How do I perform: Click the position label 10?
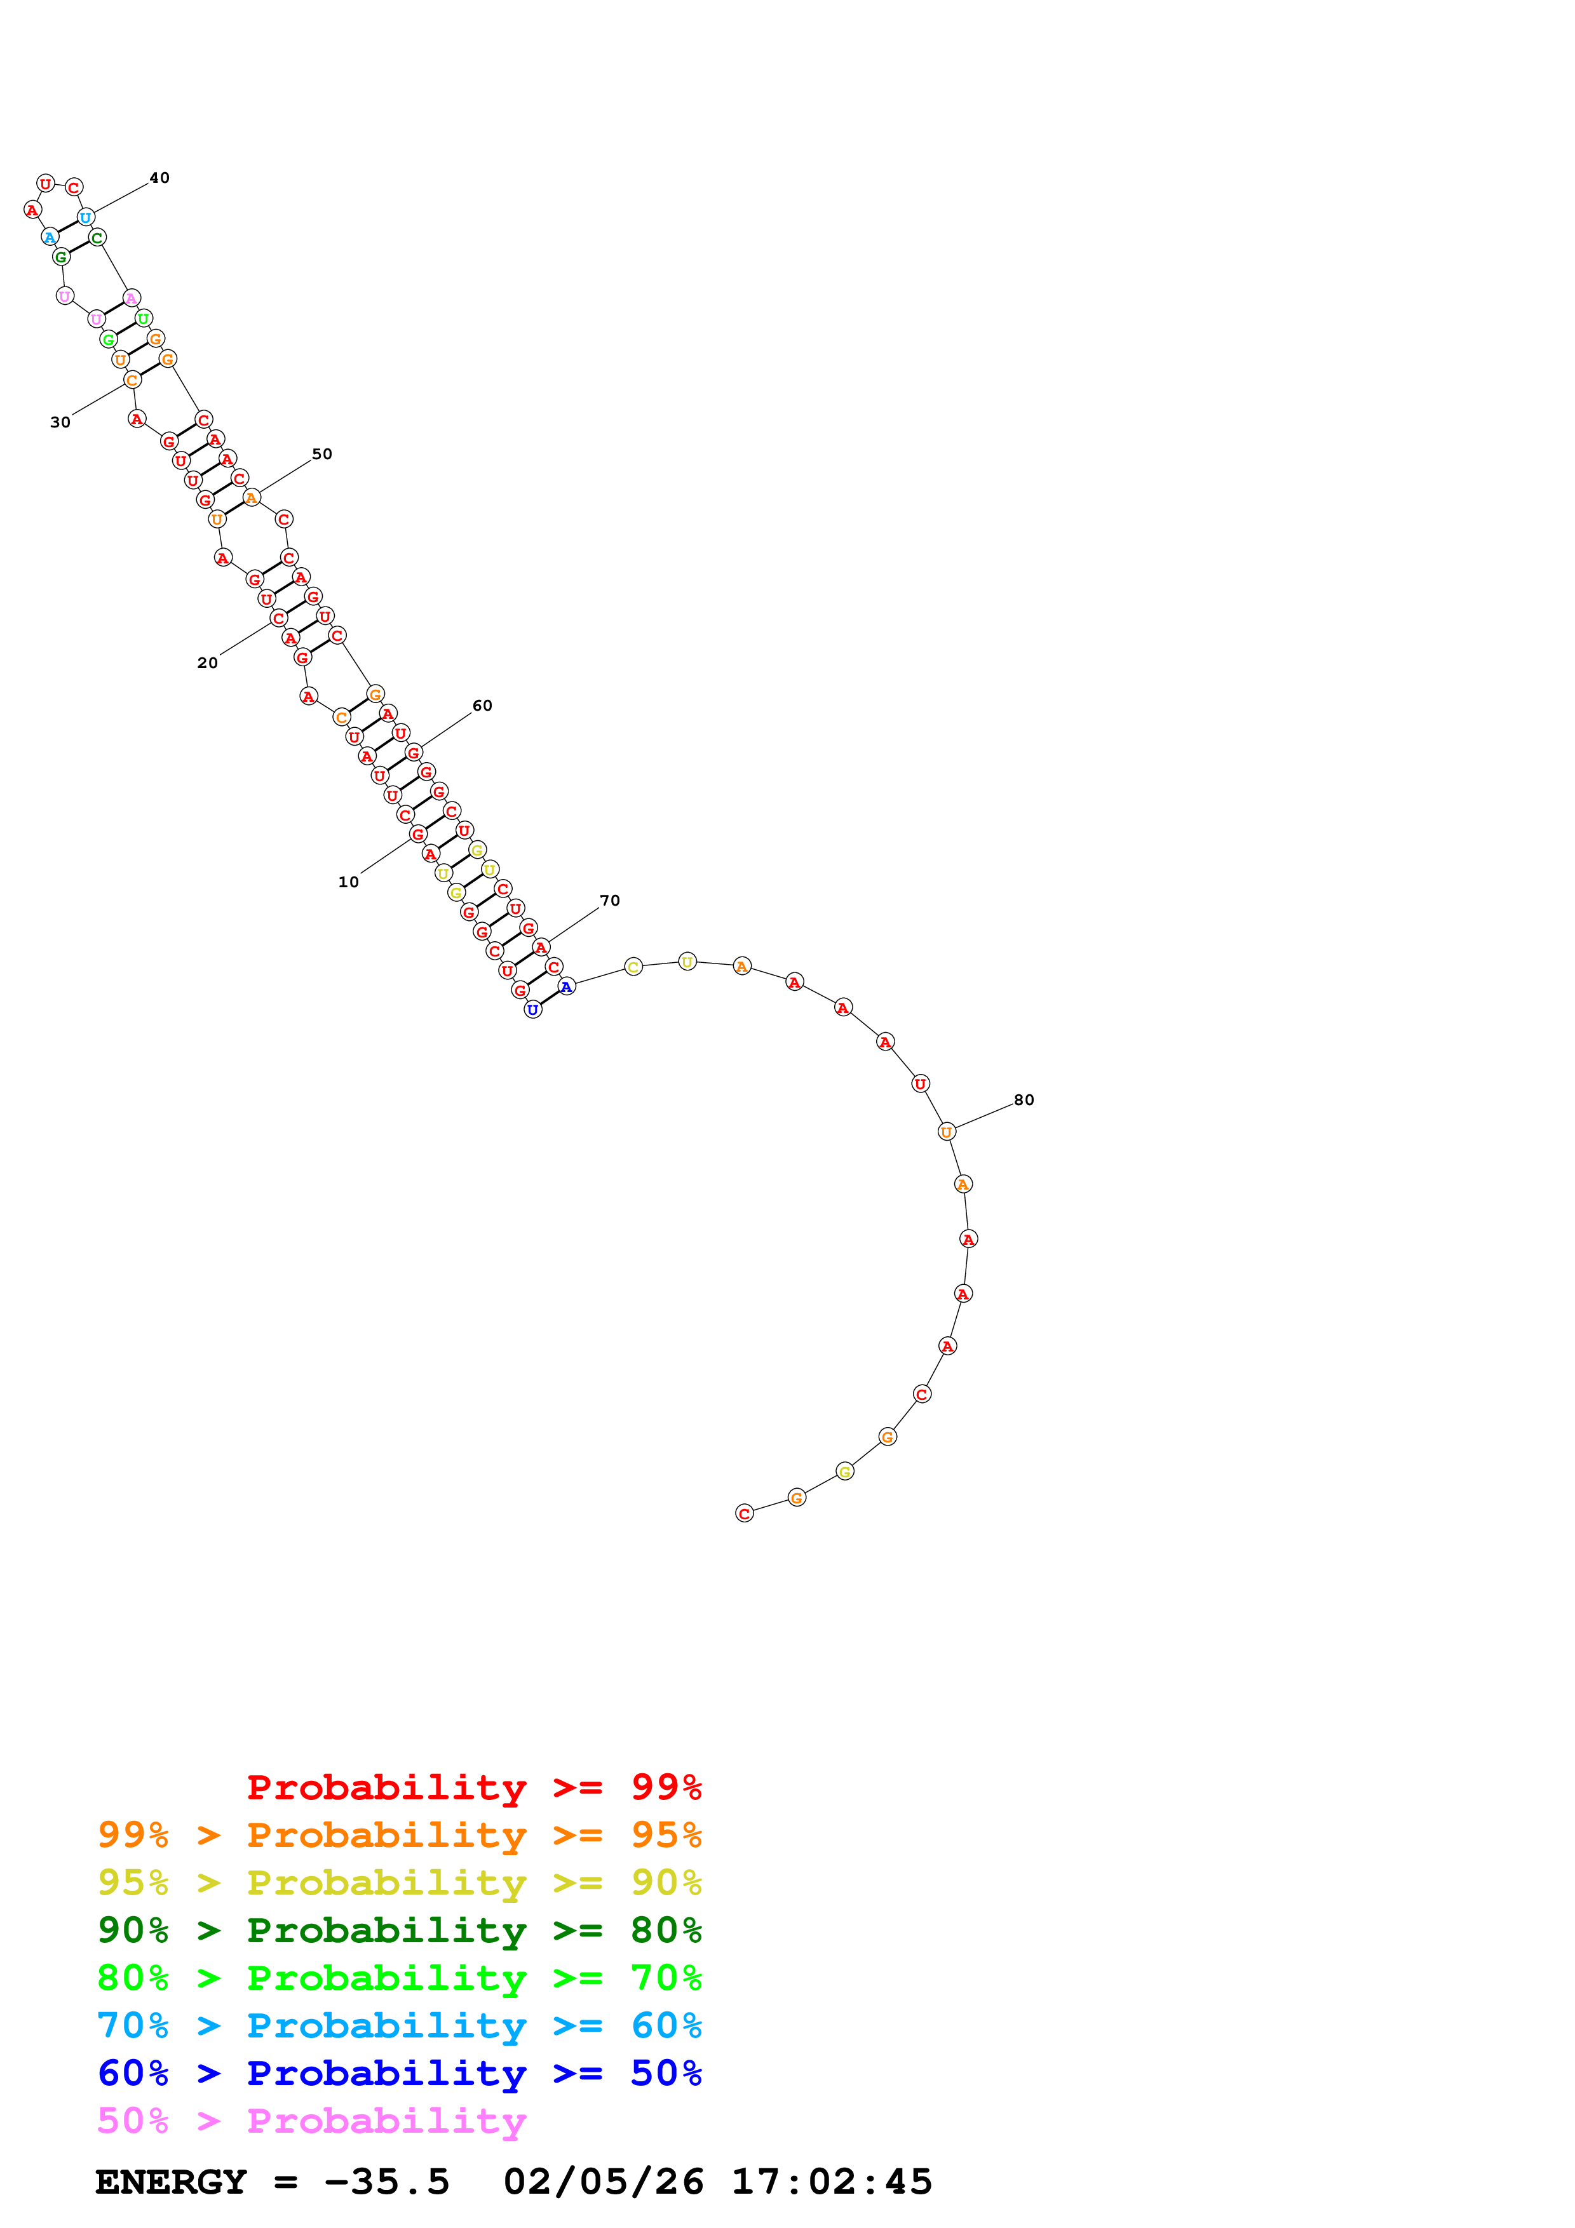pyautogui.click(x=348, y=882)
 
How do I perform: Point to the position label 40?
pyautogui.click(x=159, y=178)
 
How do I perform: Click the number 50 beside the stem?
pyautogui.click(x=322, y=454)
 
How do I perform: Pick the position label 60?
pyautogui.click(x=482, y=706)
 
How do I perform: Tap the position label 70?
pyautogui.click(x=609, y=901)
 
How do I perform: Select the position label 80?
pyautogui.click(x=1024, y=1099)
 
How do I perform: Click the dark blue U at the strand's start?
pyautogui.click(x=533, y=1009)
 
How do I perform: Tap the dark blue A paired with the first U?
pyautogui.click(x=567, y=986)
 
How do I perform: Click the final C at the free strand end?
pyautogui.click(x=745, y=1513)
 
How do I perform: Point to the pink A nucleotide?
pyautogui.click(x=131, y=298)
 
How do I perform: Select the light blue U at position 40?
pyautogui.click(x=85, y=217)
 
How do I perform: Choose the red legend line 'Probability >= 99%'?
pyautogui.click(x=473, y=1787)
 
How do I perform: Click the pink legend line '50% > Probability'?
pyautogui.click(x=311, y=2120)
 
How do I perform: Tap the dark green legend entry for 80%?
pyautogui.click(x=399, y=1930)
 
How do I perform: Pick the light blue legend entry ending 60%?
pyautogui.click(x=399, y=2025)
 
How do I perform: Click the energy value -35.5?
pyautogui.click(x=386, y=2182)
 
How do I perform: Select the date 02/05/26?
pyautogui.click(x=603, y=2182)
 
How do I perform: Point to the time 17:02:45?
pyautogui.click(x=832, y=2182)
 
